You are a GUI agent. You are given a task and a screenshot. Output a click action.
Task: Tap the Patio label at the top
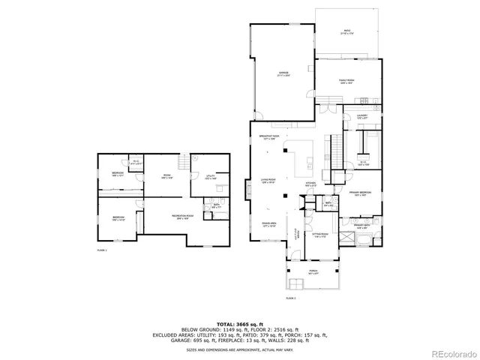pyautogui.click(x=346, y=31)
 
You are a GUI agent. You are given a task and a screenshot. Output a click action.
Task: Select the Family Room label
pyautogui.click(x=346, y=81)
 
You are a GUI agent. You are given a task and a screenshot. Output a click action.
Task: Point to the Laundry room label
pyautogui.click(x=361, y=115)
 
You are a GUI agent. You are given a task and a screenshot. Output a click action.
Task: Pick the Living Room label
pyautogui.click(x=268, y=180)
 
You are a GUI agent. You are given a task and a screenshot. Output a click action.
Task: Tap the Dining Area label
pyautogui.click(x=269, y=223)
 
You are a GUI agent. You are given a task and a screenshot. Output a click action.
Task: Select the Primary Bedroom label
pyautogui.click(x=361, y=193)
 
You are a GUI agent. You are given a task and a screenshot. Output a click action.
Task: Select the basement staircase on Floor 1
pyautogui.click(x=181, y=160)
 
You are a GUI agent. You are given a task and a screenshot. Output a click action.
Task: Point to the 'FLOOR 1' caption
pyautogui.click(x=102, y=249)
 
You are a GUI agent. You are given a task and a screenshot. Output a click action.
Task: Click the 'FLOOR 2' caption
pyautogui.click(x=292, y=299)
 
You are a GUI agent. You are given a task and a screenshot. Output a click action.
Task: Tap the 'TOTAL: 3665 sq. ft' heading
pyautogui.click(x=240, y=322)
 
